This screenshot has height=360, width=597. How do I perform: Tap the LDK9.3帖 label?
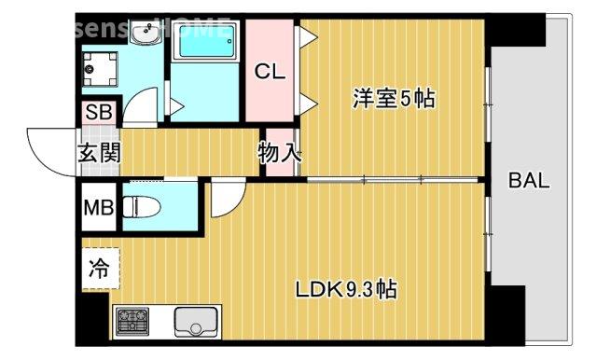coord(346,290)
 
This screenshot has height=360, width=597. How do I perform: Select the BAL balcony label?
coord(529,181)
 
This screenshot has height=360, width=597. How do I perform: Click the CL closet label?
coord(271,70)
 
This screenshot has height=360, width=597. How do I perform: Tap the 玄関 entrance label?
coord(98,153)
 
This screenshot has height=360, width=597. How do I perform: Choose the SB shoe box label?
coord(97,112)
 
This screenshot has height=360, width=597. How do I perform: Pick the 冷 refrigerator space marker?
coord(98,270)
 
